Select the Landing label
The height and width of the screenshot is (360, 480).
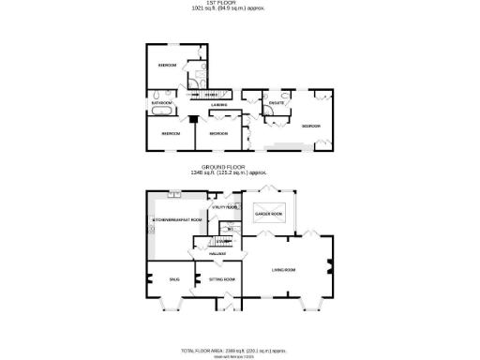click(218, 104)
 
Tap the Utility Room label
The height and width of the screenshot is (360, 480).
click(226, 207)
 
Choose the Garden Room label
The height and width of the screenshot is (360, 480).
click(269, 214)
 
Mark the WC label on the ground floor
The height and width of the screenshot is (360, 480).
click(230, 229)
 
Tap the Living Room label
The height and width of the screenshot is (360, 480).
click(283, 271)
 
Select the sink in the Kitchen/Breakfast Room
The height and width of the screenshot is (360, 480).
click(174, 195)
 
